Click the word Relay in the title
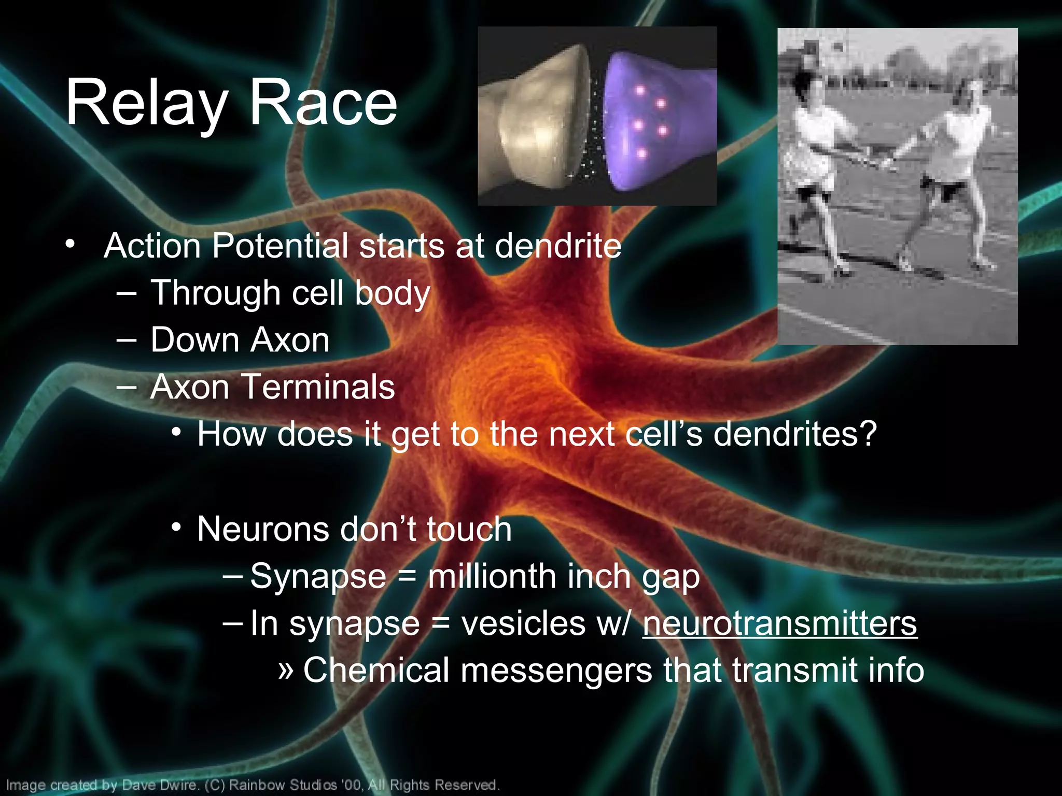[146, 104]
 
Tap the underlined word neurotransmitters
[779, 623]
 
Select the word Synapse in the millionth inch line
[318, 577]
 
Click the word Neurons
[263, 530]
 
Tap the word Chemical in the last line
[376, 670]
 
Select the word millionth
[492, 576]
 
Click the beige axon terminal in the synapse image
[534, 124]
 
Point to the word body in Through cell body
[392, 293]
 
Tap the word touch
[469, 530]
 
